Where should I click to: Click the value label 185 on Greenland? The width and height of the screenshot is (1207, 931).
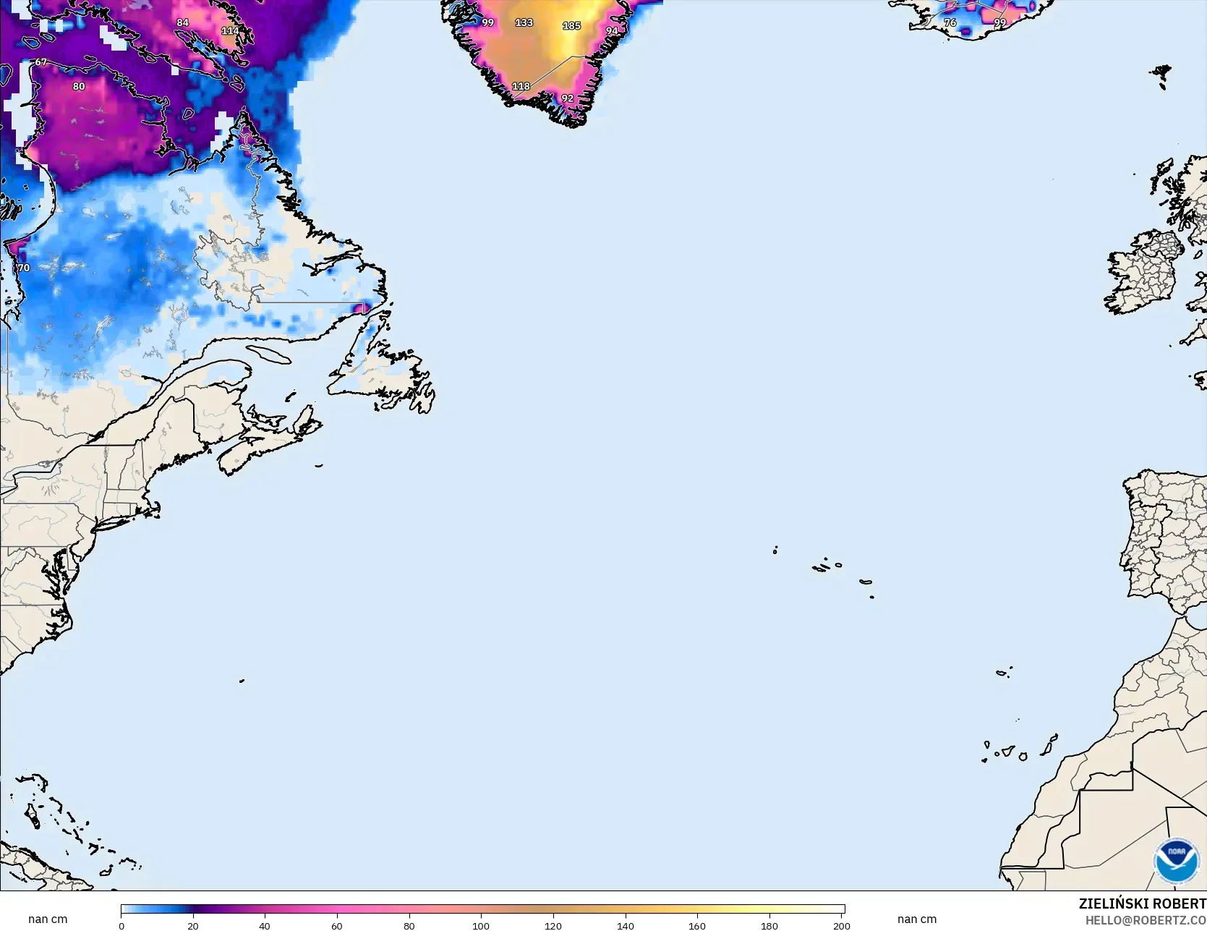[571, 26]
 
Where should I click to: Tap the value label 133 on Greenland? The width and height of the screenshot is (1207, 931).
[524, 23]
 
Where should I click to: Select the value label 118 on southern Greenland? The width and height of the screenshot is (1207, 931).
[521, 86]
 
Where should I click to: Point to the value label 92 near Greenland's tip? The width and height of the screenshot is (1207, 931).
[567, 98]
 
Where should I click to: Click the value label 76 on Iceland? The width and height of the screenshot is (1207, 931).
[950, 23]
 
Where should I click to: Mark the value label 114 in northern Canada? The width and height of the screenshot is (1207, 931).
[230, 31]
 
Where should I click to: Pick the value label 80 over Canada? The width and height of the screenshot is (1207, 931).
[79, 87]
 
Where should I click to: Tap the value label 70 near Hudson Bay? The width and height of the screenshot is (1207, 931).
[24, 268]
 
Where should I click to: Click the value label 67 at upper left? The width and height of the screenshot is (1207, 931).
[40, 62]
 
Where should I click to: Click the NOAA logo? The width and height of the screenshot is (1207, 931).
[1177, 860]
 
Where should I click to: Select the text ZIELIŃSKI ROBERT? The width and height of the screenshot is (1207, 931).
[1142, 904]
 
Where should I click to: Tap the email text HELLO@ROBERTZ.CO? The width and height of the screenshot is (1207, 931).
[1146, 920]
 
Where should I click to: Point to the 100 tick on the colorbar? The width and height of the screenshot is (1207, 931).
[481, 925]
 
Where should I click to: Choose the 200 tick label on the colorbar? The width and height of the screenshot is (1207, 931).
[841, 925]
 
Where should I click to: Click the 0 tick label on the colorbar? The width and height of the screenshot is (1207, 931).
[121, 925]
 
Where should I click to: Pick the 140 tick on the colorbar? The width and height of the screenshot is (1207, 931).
[625, 925]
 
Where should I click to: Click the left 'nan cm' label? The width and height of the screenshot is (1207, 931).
[48, 919]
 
